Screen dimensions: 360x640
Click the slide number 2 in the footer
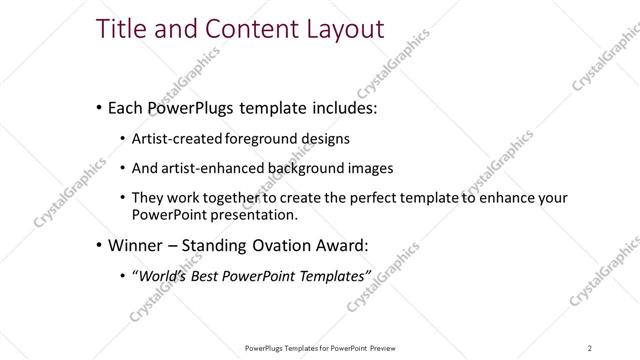tap(590, 348)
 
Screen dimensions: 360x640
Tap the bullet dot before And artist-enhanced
tap(122, 167)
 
